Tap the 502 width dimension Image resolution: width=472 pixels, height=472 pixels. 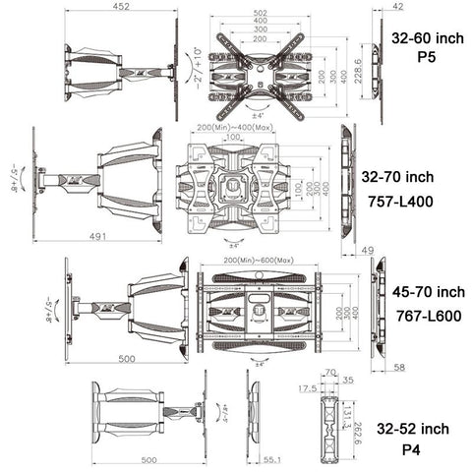[x=259, y=12]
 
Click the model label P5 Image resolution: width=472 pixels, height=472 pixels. [x=426, y=57]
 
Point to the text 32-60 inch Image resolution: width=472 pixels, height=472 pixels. [x=426, y=38]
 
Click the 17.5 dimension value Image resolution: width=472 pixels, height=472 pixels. [x=307, y=388]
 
